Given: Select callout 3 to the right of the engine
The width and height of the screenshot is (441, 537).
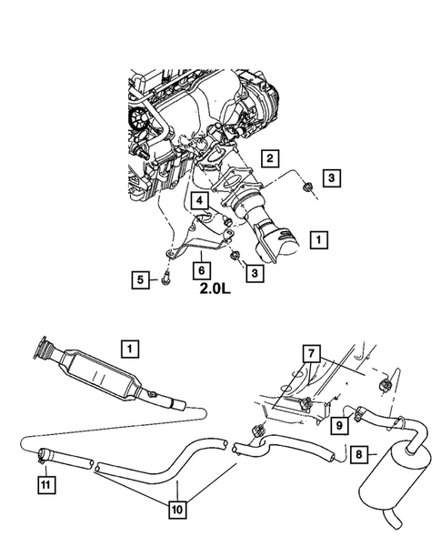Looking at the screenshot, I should point(333,177).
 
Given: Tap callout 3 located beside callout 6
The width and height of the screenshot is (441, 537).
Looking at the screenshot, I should point(257,271).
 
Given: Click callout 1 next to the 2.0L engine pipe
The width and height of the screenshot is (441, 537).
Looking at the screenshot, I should point(318,239).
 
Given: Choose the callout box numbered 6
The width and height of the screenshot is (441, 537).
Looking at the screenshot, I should point(198,270).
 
